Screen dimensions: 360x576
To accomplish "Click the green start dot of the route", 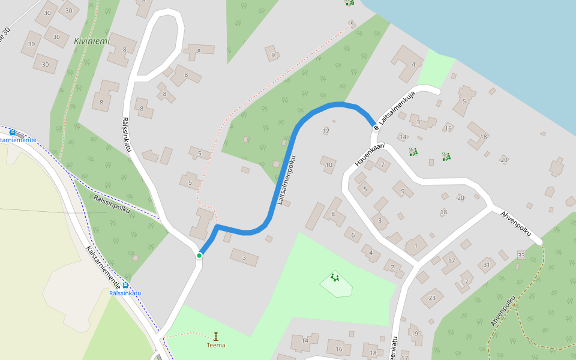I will pyautogui.click(x=199, y=256).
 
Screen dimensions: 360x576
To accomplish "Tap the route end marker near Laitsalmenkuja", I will pyautogui.click(x=376, y=127).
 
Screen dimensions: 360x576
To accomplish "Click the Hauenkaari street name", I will pyautogui.click(x=368, y=154).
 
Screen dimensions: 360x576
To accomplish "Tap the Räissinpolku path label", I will pyautogui.click(x=112, y=203).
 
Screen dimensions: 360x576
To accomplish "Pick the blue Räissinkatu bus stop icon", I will pyautogui.click(x=125, y=285).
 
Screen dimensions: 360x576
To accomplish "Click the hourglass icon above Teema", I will pyautogui.click(x=216, y=336).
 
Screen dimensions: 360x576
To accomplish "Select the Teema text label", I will pyautogui.click(x=216, y=345).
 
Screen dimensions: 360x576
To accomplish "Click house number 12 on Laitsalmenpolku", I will pyautogui.click(x=326, y=130).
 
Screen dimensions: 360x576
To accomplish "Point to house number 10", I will pyautogui.click(x=329, y=164).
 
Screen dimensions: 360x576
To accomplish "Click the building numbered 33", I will pyautogui.click(x=521, y=256).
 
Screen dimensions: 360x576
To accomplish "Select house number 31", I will pyautogui.click(x=487, y=265).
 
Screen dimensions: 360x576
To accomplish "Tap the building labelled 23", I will pyautogui.click(x=431, y=298).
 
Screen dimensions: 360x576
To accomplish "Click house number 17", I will pyautogui.click(x=451, y=260).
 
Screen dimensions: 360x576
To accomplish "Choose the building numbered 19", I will pyautogui.click(x=414, y=334).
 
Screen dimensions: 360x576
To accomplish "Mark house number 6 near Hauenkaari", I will pyautogui.click(x=353, y=235).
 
